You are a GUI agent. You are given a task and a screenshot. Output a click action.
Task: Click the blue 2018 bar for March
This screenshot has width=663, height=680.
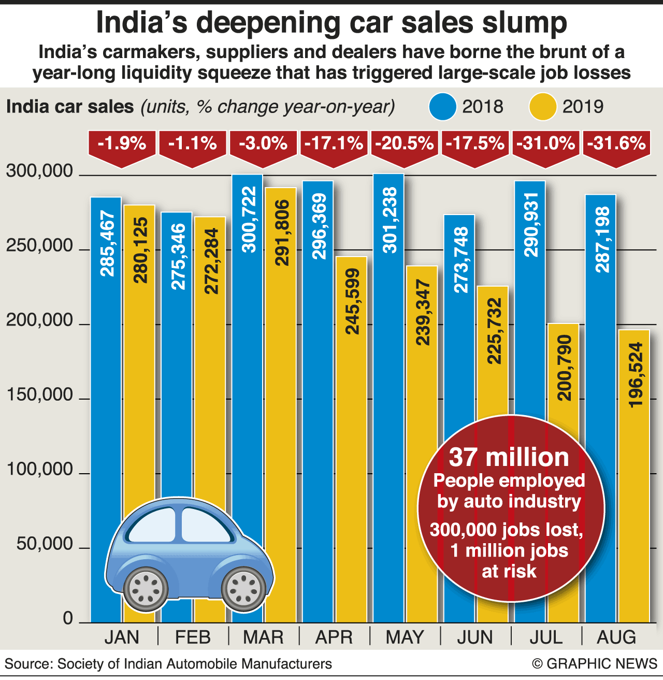point(247,363)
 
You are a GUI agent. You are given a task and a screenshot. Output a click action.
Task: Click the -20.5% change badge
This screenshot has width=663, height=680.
point(404,144)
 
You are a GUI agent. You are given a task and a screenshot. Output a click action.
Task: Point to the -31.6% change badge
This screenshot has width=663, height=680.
point(616,144)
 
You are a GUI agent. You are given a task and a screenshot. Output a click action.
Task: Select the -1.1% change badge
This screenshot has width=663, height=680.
point(193,144)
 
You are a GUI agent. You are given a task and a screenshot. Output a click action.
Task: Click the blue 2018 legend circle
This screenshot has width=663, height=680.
point(442,107)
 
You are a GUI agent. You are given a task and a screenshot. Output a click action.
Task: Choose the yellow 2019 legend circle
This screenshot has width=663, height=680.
point(542,107)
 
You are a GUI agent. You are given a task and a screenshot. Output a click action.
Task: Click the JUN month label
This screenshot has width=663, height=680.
point(475,637)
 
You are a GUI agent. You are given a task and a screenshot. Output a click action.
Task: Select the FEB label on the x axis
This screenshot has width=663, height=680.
point(193,637)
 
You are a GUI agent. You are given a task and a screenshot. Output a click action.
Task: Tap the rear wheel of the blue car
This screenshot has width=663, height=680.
point(148,588)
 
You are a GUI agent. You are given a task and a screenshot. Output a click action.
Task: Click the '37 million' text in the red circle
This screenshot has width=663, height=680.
point(509,457)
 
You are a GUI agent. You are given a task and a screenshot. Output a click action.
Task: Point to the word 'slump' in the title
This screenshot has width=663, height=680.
point(524,23)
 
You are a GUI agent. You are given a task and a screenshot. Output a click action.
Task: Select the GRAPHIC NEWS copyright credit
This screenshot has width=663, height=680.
point(595,663)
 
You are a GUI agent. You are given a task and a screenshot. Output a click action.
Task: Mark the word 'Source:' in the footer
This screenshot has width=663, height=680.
point(28,664)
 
